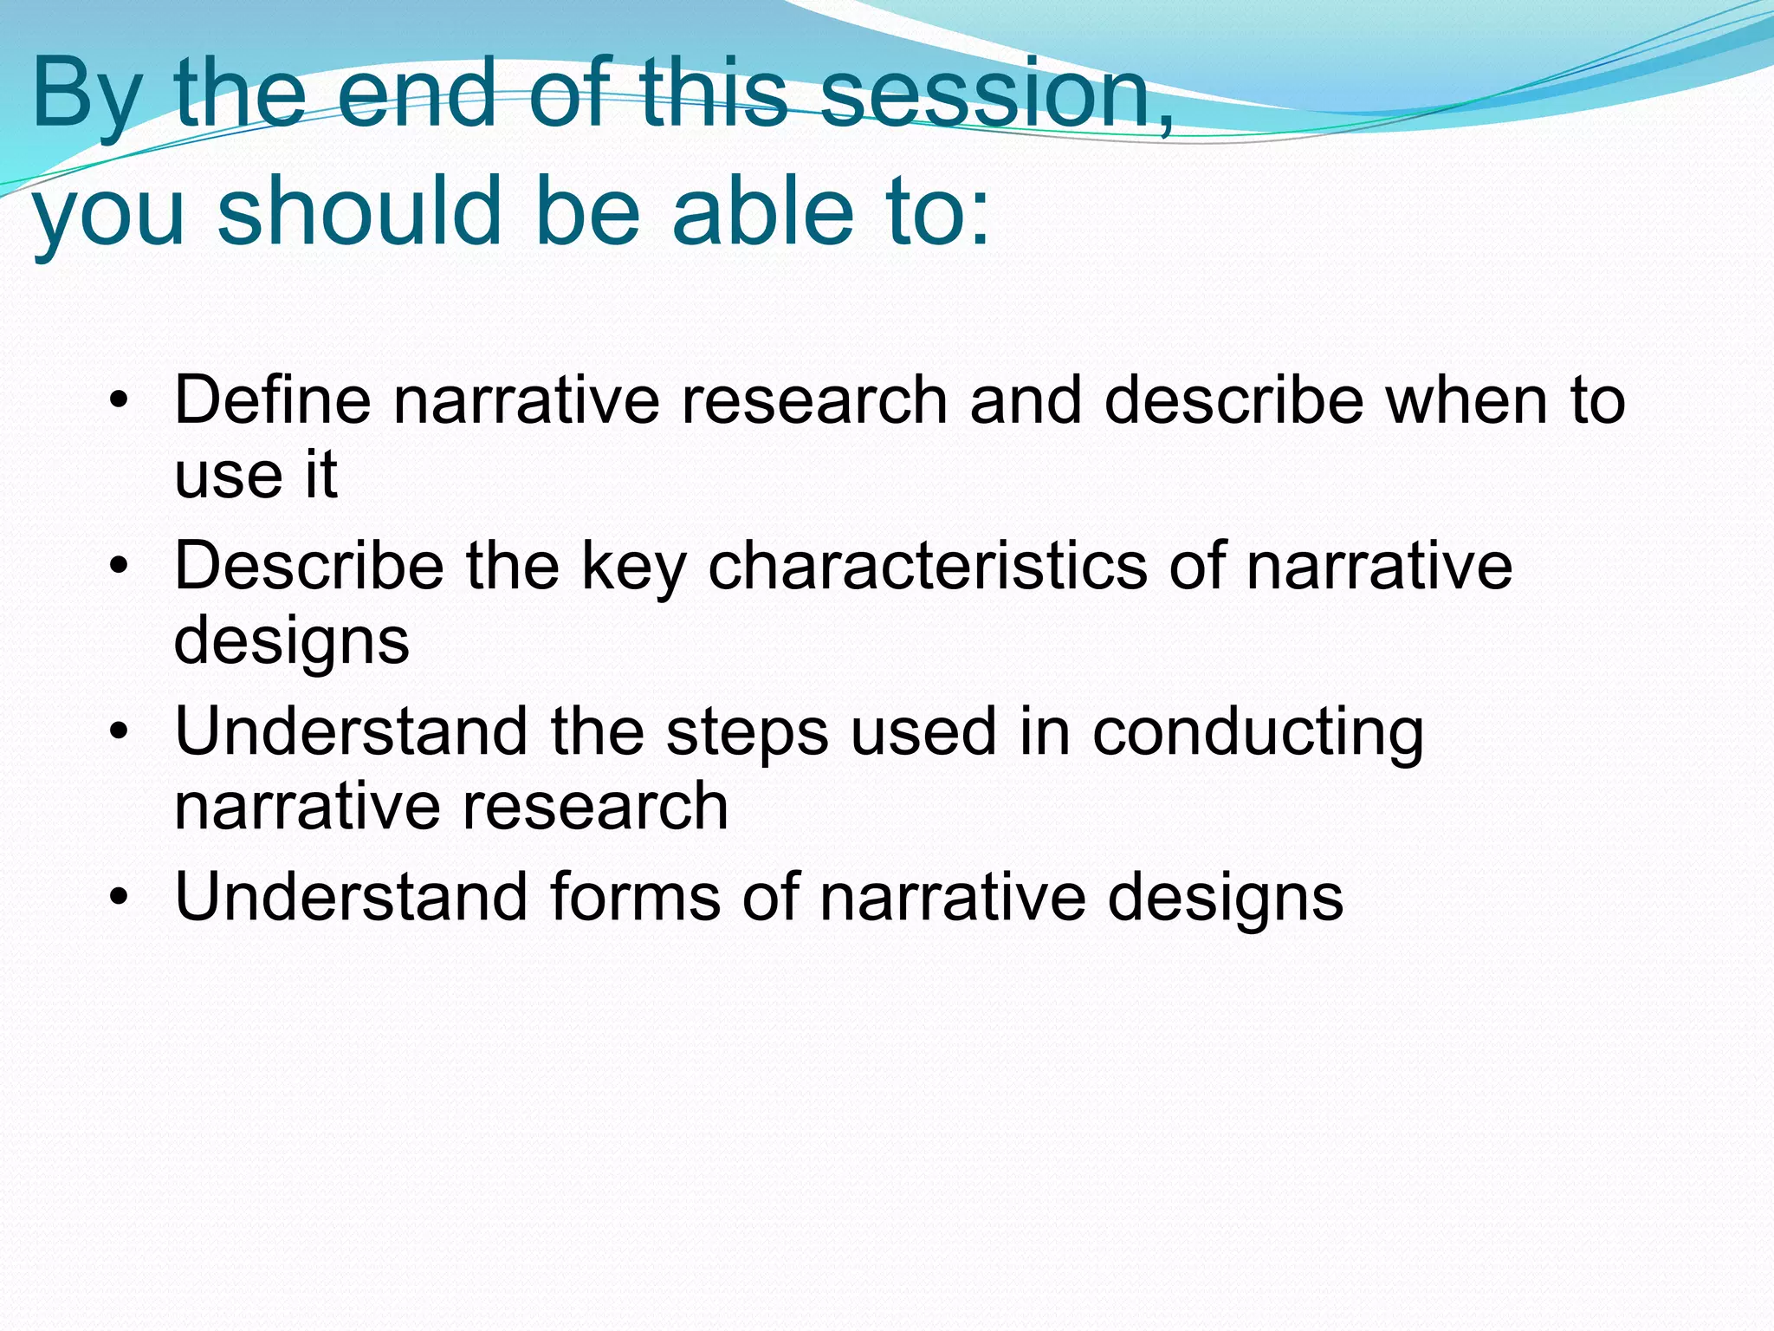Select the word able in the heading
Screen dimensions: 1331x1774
click(x=762, y=211)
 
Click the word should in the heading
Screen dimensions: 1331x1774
click(x=359, y=211)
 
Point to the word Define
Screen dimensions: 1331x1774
click(x=272, y=399)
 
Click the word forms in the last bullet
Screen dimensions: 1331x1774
click(x=634, y=896)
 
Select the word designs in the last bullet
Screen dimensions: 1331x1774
click(x=1225, y=898)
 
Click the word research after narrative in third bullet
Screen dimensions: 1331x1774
click(x=595, y=806)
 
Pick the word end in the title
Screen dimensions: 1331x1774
click(x=416, y=93)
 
